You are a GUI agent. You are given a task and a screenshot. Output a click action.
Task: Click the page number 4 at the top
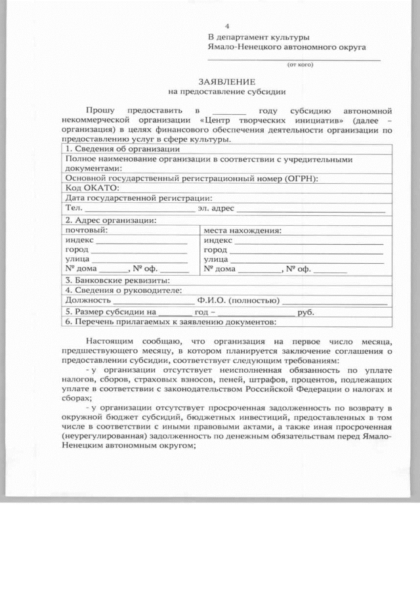(227, 26)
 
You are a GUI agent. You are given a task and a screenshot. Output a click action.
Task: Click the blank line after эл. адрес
(310, 210)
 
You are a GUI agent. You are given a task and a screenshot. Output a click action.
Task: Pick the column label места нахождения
(242, 230)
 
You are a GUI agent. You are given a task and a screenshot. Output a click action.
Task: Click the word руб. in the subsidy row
(306, 312)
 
